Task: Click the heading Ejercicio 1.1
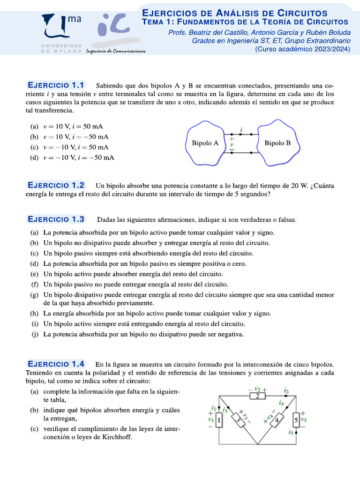tap(56, 85)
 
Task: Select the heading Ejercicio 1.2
tap(56, 185)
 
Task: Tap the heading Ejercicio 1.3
tap(56, 219)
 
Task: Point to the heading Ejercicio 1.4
tap(56, 364)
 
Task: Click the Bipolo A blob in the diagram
tap(205, 143)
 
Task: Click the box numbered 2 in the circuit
tap(257, 396)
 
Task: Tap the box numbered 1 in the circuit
tap(219, 420)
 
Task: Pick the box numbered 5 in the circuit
tap(296, 420)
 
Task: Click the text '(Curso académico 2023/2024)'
tap(302, 49)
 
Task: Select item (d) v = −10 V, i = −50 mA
tap(72, 157)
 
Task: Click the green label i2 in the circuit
tap(286, 390)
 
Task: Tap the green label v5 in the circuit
tap(304, 420)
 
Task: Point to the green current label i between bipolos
tap(241, 129)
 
